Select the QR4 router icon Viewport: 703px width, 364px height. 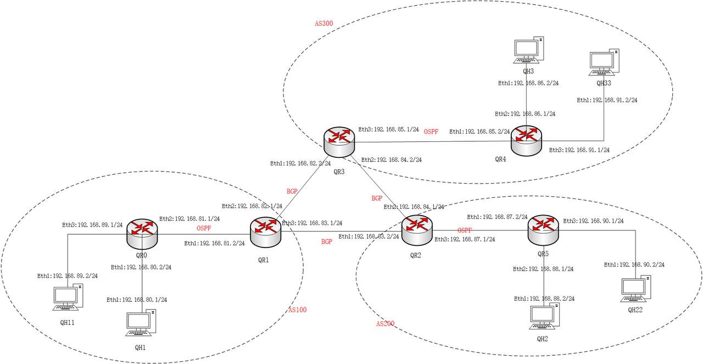pos(526,141)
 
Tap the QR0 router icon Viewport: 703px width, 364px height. pos(142,233)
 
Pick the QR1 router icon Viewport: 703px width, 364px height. pos(265,231)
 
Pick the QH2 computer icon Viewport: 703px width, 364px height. pos(544,316)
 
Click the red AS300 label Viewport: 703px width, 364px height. pos(323,24)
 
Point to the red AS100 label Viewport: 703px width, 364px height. pos(298,310)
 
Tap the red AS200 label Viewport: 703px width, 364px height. pos(385,324)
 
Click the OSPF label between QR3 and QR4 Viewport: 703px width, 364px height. pos(431,132)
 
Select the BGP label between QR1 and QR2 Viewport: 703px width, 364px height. pos(327,242)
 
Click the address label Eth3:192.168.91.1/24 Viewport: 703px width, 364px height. pos(579,150)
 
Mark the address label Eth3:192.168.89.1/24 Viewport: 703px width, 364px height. pos(92,224)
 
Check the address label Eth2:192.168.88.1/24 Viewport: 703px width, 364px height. pos(543,269)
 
